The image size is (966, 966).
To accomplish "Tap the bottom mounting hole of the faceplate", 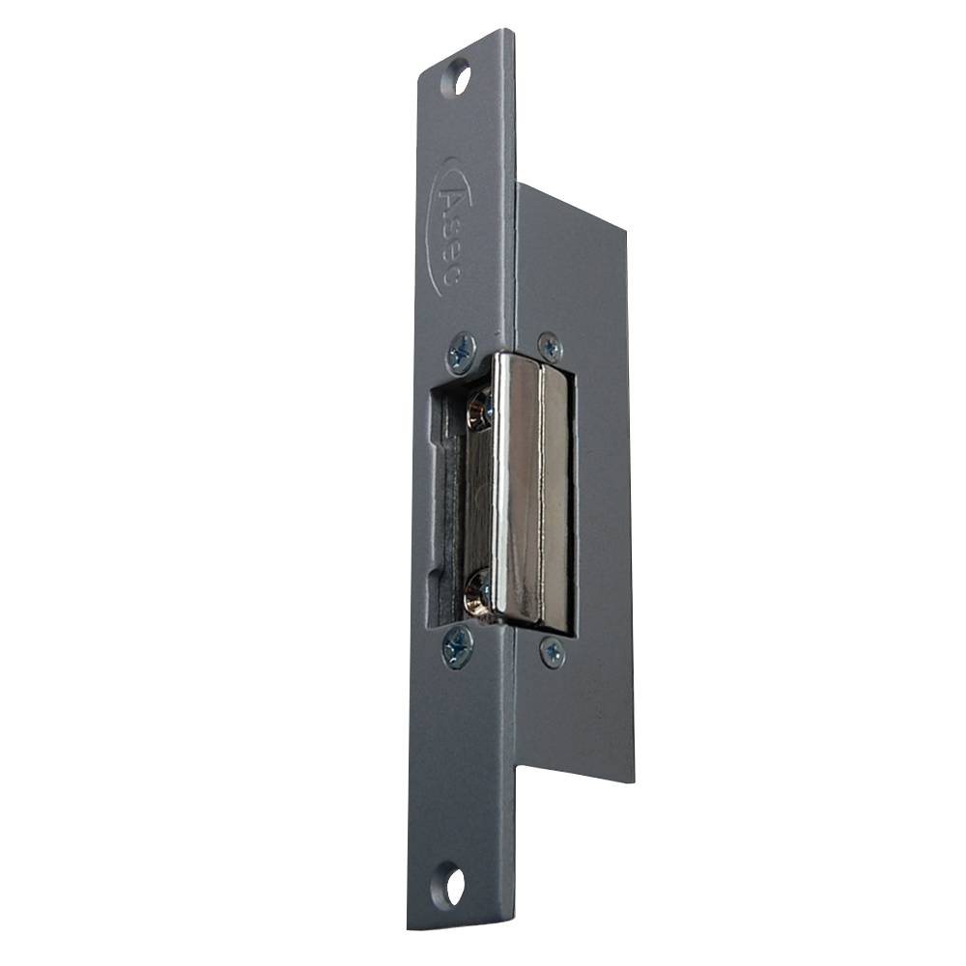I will [451, 886].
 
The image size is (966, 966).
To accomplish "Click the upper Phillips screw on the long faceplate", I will [463, 353].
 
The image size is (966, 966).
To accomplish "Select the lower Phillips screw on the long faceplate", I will [457, 647].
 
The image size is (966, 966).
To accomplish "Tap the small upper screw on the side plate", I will [550, 346].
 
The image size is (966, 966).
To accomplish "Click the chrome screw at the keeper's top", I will [480, 410].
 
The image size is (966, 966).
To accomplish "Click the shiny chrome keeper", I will [531, 493].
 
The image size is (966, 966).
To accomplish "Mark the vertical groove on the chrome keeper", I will [541, 493].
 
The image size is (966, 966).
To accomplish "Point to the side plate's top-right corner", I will [629, 232].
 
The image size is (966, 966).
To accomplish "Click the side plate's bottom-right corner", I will [636, 784].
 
